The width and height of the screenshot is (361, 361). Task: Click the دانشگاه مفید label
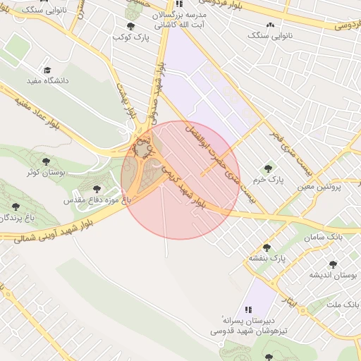[47, 81]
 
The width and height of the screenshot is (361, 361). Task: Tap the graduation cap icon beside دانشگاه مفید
[47, 70]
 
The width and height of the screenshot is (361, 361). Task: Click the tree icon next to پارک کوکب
[130, 26]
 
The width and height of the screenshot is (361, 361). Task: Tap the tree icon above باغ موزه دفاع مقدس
[97, 189]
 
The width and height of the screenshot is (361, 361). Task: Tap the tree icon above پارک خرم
[267, 168]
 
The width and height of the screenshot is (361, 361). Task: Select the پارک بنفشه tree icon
[267, 247]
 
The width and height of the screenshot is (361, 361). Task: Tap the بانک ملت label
[343, 304]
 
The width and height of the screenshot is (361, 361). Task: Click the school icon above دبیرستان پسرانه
[248, 310]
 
